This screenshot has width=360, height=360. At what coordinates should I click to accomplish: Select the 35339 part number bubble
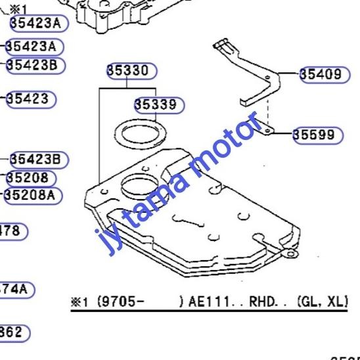[159, 104]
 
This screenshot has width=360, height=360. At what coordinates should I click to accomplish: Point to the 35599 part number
[317, 135]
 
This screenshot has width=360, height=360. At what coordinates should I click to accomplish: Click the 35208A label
[32, 195]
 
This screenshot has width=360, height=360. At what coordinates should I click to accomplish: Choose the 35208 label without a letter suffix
[31, 178]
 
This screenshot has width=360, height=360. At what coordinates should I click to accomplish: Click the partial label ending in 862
[13, 332]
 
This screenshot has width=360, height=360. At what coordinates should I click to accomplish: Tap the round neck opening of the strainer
[139, 186]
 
